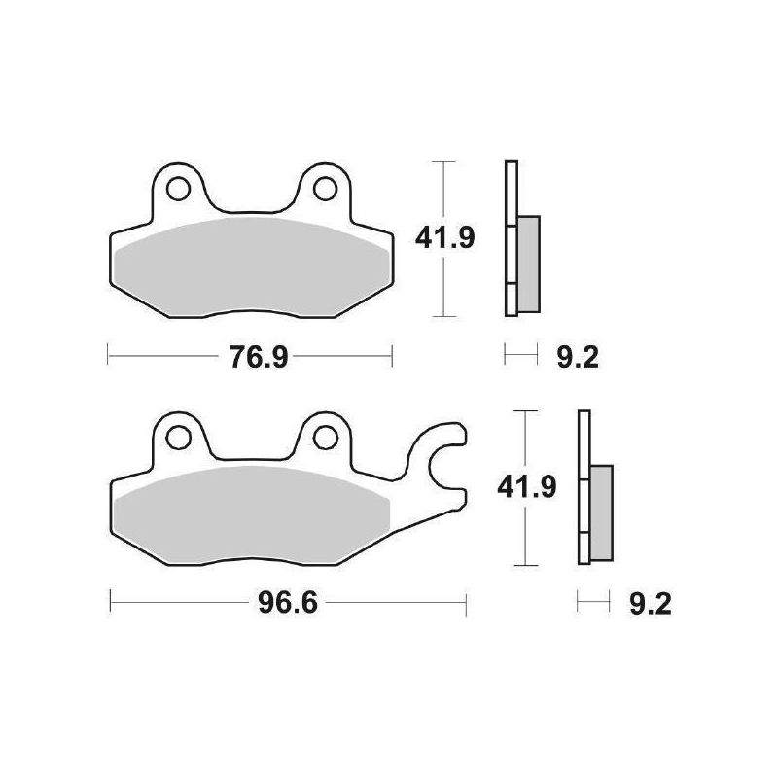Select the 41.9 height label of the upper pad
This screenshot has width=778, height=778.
pos(445,237)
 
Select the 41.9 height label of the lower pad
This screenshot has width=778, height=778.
pos(526,485)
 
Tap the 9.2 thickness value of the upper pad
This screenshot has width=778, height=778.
pos(578,358)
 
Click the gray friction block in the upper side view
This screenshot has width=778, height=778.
pos(527,263)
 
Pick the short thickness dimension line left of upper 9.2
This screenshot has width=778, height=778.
pos(520,356)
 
